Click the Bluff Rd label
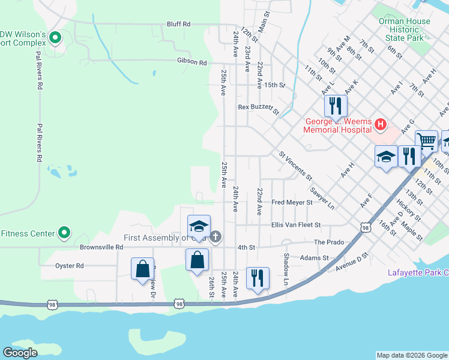pyautogui.click(x=178, y=25)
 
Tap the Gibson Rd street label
pyautogui.click(x=192, y=62)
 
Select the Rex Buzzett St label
pyautogui.click(x=259, y=109)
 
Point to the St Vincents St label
pyautogui.click(x=295, y=166)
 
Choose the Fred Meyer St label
pyautogui.click(x=292, y=203)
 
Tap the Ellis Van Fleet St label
pyautogui.click(x=296, y=226)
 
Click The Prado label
pyautogui.click(x=328, y=242)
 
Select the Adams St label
pyautogui.click(x=312, y=257)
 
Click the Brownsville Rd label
pyautogui.click(x=101, y=247)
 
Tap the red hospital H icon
pyautogui.click(x=380, y=125)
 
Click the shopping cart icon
pyautogui.click(x=426, y=141)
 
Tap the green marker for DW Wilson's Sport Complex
pyautogui.click(x=55, y=38)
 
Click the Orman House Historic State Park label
pyautogui.click(x=405, y=29)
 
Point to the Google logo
pyautogui.click(x=20, y=352)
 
